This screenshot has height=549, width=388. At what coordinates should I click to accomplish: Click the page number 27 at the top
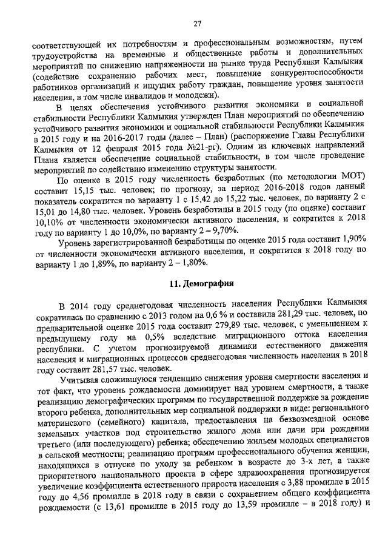(x=197, y=24)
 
